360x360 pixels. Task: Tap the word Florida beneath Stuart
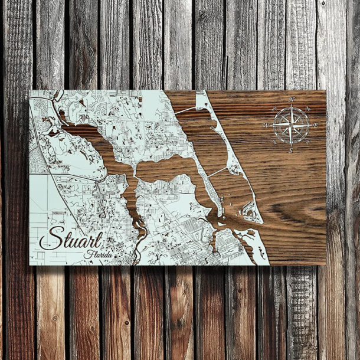pos(99,254)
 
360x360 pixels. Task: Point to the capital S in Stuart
pos(50,238)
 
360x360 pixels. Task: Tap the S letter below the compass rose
pos(291,151)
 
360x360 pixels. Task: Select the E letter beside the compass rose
pos(316,125)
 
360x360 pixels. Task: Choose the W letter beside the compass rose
pos(266,125)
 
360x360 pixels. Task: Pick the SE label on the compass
pos(307,142)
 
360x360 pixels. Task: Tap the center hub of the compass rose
pos(292,125)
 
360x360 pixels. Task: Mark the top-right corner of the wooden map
pos(325,91)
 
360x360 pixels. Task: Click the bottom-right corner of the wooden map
pos(325,264)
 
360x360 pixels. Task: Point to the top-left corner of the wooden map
pos(30,90)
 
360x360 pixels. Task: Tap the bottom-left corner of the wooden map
pos(30,264)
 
